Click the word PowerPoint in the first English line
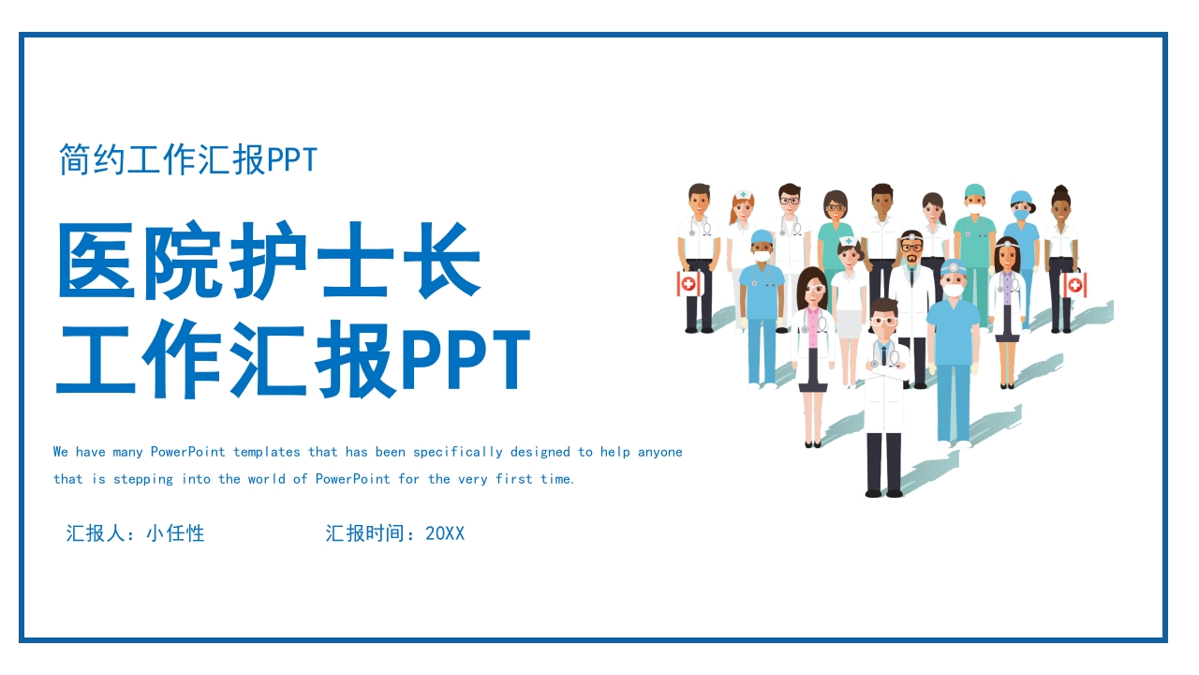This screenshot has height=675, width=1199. click(188, 452)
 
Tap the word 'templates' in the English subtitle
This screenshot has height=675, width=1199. click(267, 453)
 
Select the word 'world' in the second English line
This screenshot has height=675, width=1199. click(267, 479)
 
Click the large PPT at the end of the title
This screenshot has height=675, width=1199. click(466, 358)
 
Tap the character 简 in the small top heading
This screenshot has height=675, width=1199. click(75, 159)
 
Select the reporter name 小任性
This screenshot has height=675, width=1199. click(175, 533)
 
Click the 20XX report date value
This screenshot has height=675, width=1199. click(445, 533)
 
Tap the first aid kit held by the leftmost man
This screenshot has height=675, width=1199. click(688, 283)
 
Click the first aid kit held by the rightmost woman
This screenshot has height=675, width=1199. click(1074, 284)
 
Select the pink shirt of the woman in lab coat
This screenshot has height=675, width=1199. click(814, 328)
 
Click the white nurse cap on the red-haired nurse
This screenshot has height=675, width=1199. click(743, 194)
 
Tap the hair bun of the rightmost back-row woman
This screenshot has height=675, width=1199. click(1060, 190)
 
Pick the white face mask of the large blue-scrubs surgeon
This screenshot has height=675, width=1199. click(954, 291)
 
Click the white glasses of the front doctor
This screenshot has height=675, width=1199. click(884, 322)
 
